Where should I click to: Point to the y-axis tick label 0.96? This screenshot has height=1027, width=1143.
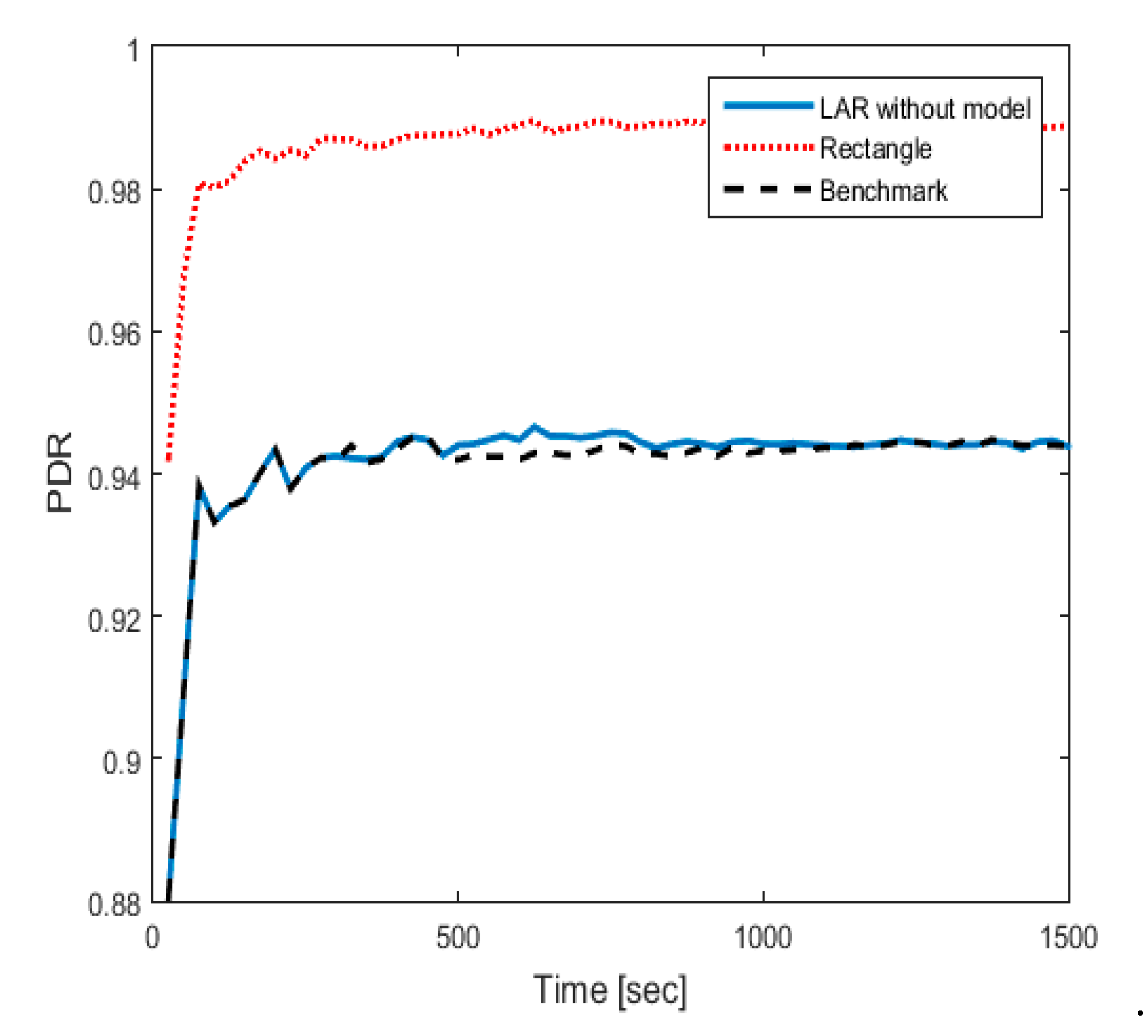click(113, 335)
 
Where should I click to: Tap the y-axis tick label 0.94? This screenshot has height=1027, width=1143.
click(113, 477)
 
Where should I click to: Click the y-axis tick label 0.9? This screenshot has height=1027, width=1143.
click(121, 762)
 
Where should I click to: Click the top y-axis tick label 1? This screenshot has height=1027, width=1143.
click(133, 51)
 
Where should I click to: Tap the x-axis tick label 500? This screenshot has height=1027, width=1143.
click(458, 937)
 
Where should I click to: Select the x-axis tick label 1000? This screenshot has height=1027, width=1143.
click(762, 937)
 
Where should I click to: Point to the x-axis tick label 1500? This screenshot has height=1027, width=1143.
click(1068, 937)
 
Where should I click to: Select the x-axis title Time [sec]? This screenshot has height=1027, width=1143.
click(610, 990)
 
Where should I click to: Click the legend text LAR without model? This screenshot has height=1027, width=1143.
click(925, 108)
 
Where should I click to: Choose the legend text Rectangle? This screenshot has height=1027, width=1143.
click(875, 149)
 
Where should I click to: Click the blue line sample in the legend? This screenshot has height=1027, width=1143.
click(768, 105)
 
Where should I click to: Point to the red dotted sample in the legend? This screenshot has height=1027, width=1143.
click(768, 148)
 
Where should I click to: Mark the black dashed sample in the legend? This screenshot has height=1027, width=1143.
click(768, 190)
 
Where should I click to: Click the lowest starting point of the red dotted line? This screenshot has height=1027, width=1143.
click(168, 459)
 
